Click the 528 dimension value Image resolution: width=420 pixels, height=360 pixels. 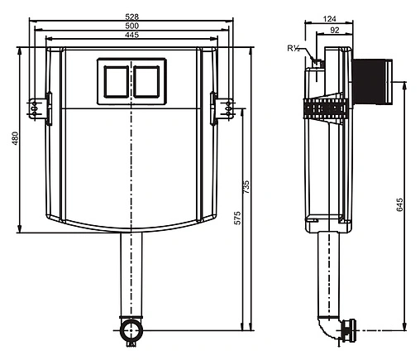pyautogui.click(x=132, y=17)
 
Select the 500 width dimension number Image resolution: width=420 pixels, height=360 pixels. pyautogui.click(x=132, y=26)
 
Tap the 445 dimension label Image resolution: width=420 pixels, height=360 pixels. pyautogui.click(x=132, y=35)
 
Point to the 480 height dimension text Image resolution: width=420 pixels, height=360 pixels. pyautogui.click(x=15, y=138)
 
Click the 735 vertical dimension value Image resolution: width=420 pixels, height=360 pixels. pyautogui.click(x=246, y=187)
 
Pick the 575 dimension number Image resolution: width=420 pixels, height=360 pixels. pyautogui.click(x=237, y=218)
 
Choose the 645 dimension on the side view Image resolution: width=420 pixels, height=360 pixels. pyautogui.click(x=399, y=204)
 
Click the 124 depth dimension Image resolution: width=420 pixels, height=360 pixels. pyautogui.click(x=330, y=19)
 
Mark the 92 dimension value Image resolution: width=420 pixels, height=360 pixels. pyautogui.click(x=335, y=30)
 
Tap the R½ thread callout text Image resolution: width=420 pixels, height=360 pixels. pyautogui.click(x=294, y=49)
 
